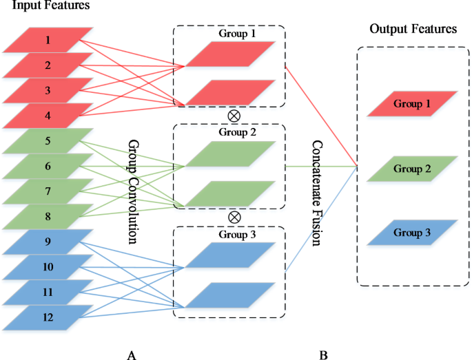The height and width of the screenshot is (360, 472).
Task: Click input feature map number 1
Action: (48, 40)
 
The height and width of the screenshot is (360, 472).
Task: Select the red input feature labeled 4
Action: (48, 116)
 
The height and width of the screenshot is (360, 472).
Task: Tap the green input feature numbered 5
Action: (48, 141)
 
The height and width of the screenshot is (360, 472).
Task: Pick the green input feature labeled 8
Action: (48, 216)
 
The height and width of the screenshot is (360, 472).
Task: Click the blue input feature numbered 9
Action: (48, 242)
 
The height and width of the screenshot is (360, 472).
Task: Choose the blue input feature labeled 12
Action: (48, 317)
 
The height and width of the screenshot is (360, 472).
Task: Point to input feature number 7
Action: (48, 191)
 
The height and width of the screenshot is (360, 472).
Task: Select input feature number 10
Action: (48, 266)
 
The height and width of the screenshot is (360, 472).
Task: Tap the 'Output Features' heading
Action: (413, 29)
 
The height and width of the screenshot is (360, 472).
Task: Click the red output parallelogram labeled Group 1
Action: (412, 103)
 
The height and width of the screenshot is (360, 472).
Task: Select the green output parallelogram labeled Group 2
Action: (412, 168)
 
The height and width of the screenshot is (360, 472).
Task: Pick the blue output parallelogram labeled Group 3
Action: (412, 233)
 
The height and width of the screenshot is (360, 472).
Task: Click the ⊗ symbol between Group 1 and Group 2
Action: (234, 115)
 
